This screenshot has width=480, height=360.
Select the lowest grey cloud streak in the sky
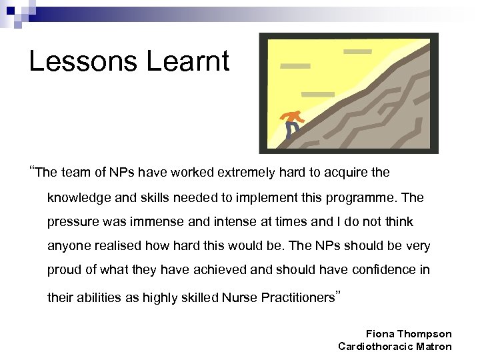pos(318,93)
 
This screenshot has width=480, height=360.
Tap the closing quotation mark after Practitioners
pos(337,294)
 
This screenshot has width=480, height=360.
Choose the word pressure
pos(71,222)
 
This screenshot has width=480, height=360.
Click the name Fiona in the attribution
pos(381,333)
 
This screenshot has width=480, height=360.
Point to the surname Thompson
pos(426,333)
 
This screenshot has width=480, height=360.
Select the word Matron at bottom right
pos(434,346)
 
